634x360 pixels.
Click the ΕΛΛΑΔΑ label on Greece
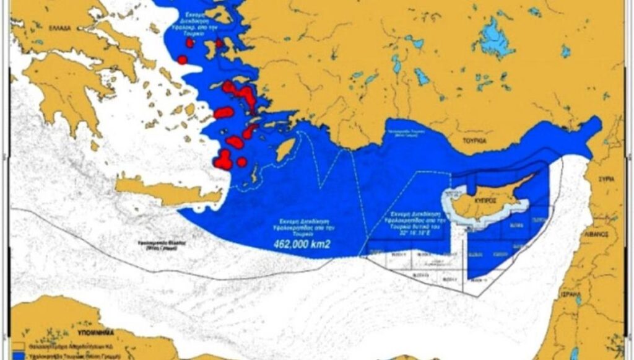tap(58, 29)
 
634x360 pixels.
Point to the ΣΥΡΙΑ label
tap(606, 179)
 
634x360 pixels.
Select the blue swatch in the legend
tap(19, 356)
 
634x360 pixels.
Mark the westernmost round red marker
tap(182, 59)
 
